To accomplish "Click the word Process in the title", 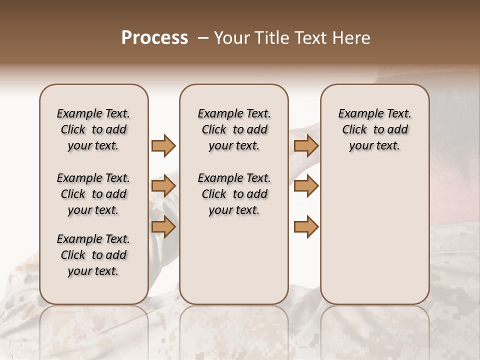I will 154,38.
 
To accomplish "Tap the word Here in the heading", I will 350,38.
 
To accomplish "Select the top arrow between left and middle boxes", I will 163,146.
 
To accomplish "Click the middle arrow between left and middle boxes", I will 163,186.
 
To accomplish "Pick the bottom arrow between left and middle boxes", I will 163,227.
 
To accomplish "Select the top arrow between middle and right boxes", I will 306,146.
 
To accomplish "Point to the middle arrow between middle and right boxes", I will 306,186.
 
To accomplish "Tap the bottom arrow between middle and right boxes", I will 306,227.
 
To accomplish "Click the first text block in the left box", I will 93,129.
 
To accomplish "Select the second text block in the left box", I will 93,194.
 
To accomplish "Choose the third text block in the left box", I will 93,255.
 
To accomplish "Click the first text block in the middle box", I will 234,129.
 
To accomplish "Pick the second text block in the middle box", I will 234,194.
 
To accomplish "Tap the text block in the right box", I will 375,129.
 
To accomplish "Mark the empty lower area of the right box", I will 375,235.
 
